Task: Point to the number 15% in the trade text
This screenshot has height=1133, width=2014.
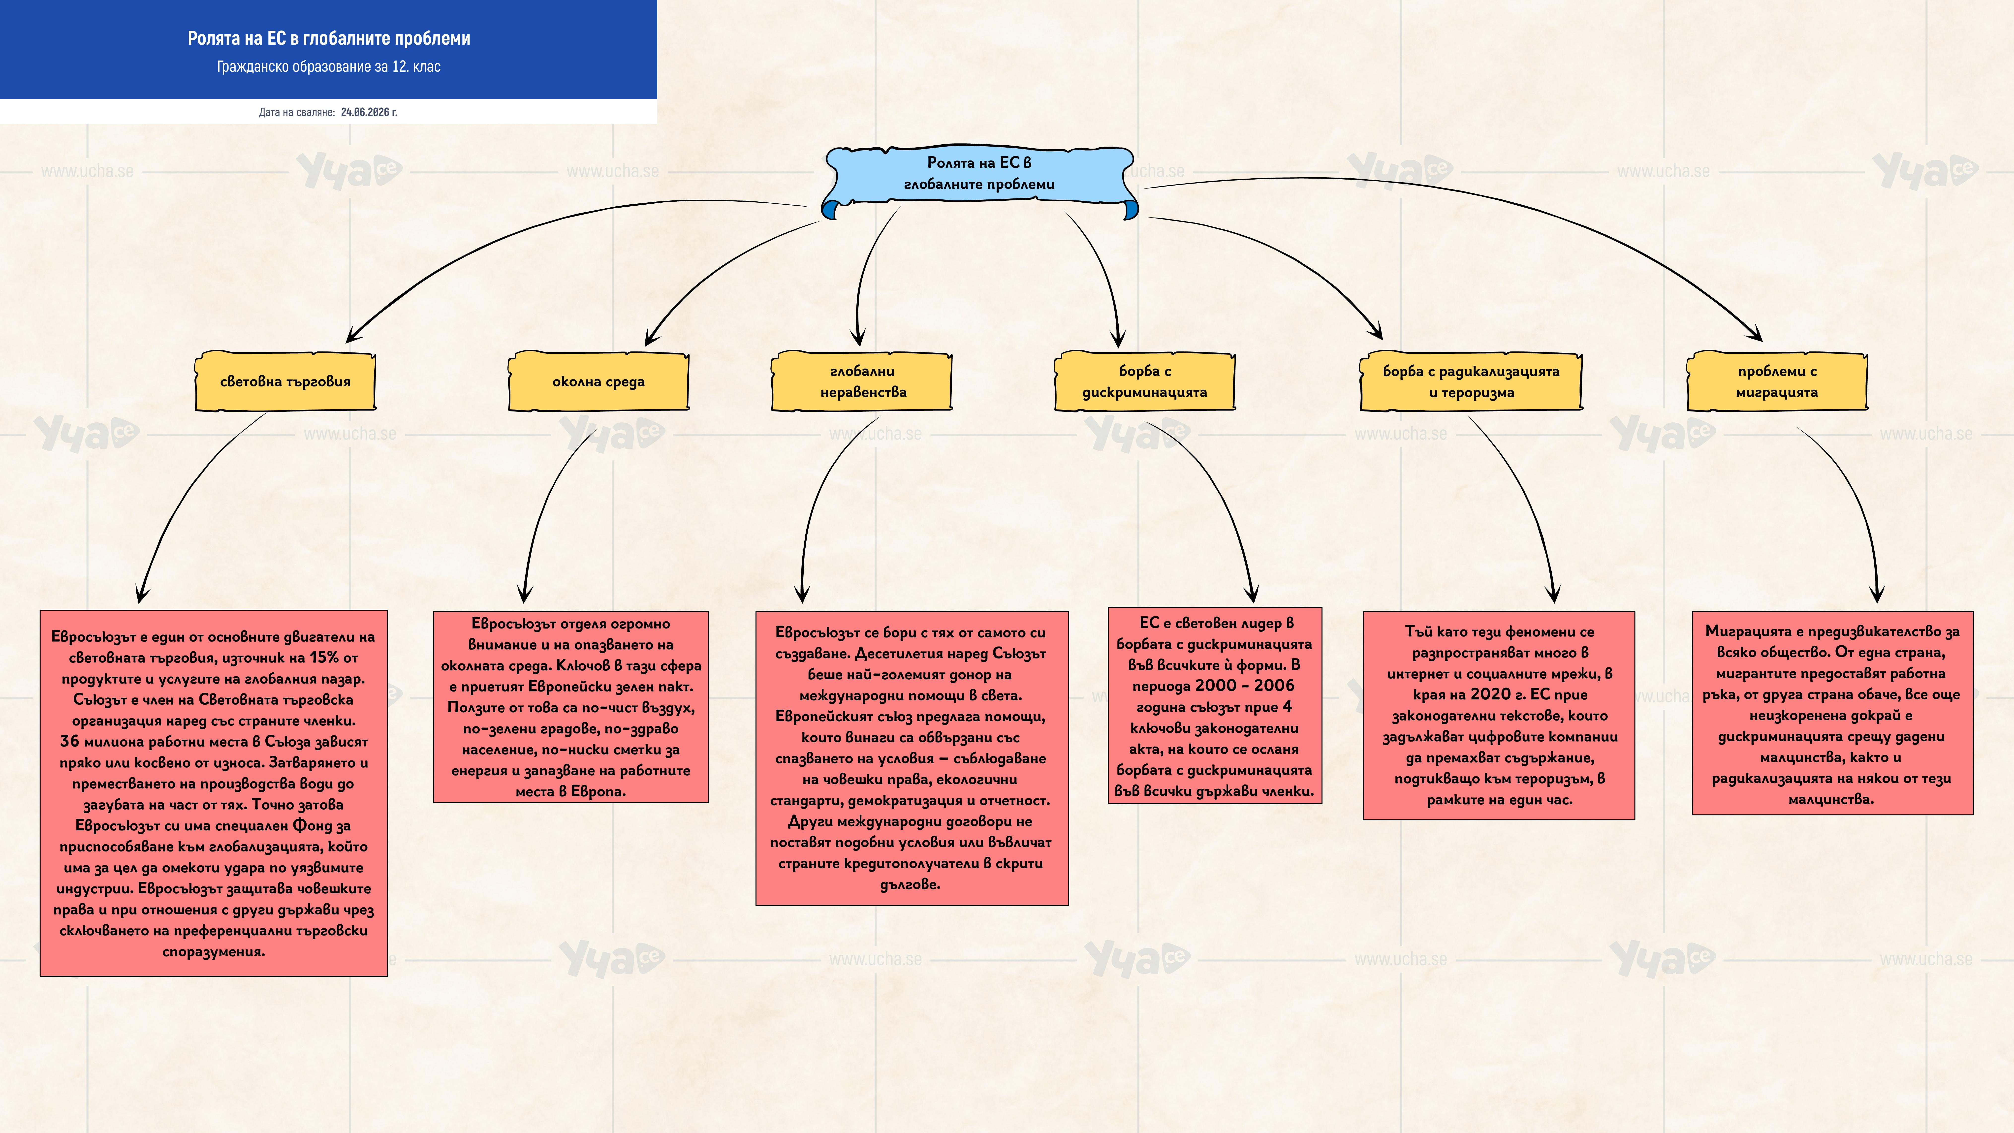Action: (324, 658)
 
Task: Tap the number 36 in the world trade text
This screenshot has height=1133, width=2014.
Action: (70, 741)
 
